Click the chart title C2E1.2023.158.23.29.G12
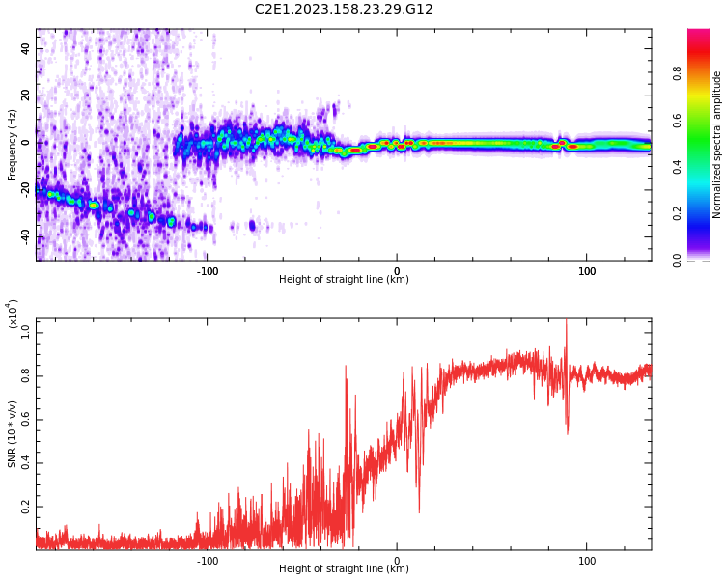tap(344, 10)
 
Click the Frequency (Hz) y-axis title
tap(13, 145)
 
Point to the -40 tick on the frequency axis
tap(24, 236)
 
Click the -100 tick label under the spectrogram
tap(207, 271)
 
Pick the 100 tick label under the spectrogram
tap(587, 271)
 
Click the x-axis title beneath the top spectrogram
tap(344, 280)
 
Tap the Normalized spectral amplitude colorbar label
tap(717, 145)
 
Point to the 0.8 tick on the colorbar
tap(704, 71)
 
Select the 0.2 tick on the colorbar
tap(704, 212)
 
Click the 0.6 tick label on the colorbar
tap(704, 120)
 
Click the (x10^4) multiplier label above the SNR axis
tap(13, 315)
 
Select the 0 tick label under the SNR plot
tap(397, 561)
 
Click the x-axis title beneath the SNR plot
tap(344, 569)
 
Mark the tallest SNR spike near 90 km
tap(567, 322)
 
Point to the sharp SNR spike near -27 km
tap(346, 367)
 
